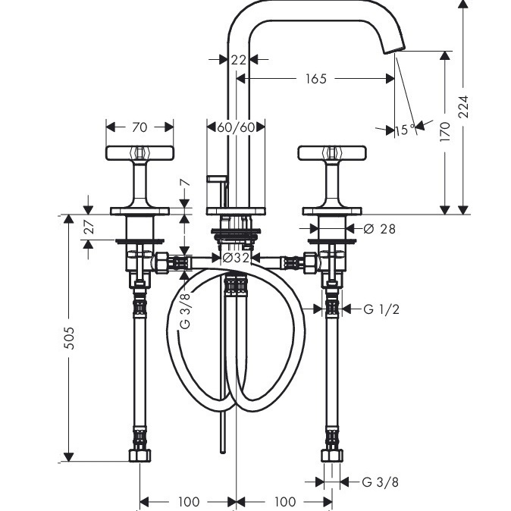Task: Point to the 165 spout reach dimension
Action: (316, 79)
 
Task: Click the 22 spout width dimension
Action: (240, 59)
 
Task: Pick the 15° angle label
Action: (406, 130)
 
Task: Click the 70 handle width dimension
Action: (140, 127)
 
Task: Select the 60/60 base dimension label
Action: (236, 127)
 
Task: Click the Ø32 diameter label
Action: (237, 258)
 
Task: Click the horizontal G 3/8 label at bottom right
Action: (380, 481)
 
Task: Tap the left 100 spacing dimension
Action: (188, 501)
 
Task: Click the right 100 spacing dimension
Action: (284, 501)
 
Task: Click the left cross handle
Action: (140, 153)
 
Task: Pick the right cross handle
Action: (332, 153)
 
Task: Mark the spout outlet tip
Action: (397, 51)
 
